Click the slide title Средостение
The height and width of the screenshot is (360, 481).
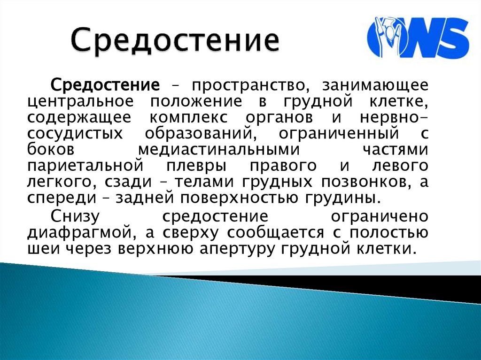(173, 41)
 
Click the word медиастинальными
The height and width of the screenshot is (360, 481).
(219, 149)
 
